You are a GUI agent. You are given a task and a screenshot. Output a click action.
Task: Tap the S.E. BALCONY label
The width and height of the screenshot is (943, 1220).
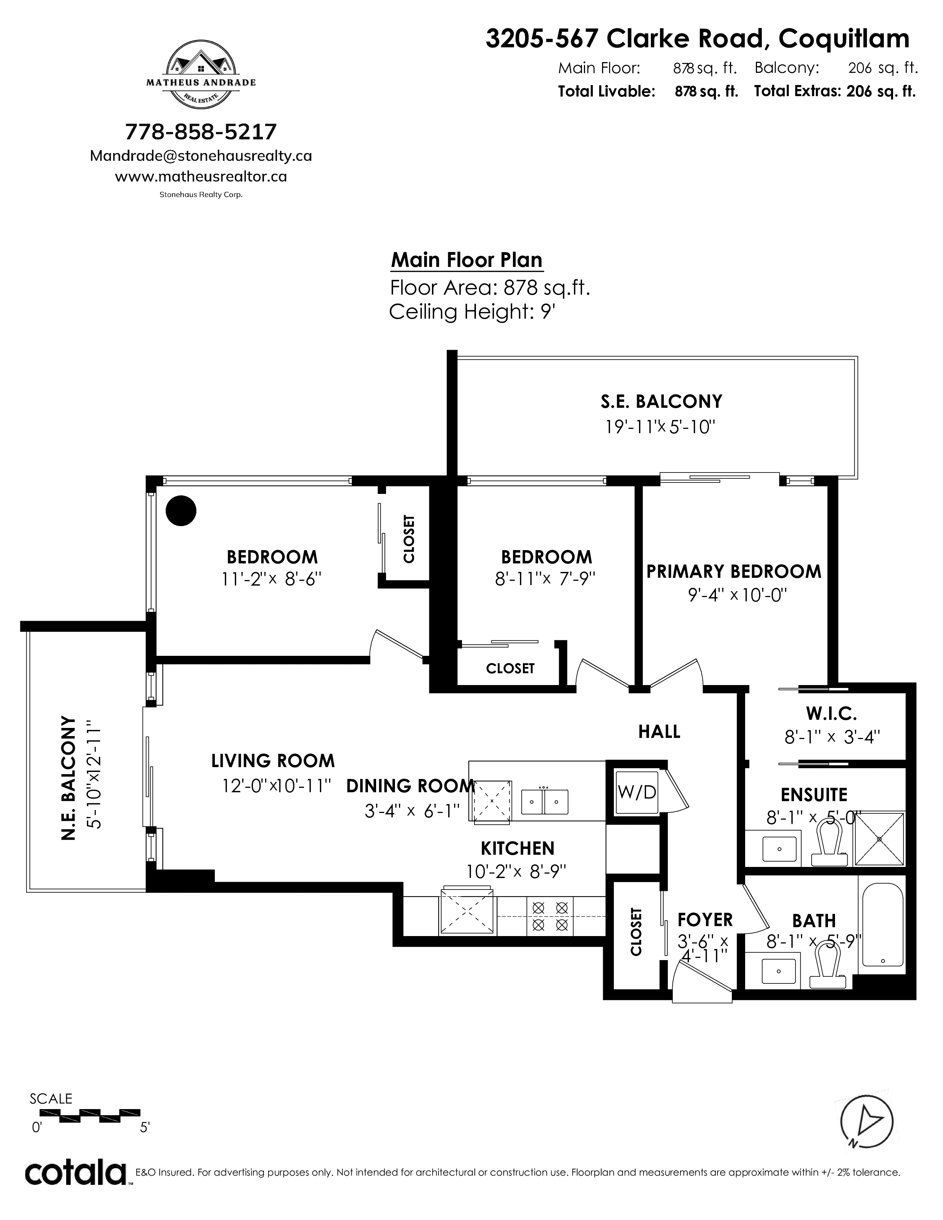[x=662, y=401]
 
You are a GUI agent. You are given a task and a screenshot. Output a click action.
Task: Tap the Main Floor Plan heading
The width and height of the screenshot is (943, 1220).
[x=466, y=260]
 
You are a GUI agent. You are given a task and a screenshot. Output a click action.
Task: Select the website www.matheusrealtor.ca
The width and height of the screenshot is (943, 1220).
[x=201, y=176]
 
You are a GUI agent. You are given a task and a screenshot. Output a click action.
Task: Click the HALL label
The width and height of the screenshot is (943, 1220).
[x=659, y=732]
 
